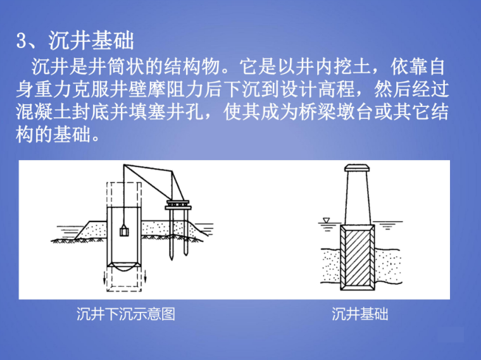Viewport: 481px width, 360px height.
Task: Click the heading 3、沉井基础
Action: tap(75, 40)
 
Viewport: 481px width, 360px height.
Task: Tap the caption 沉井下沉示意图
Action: tap(126, 314)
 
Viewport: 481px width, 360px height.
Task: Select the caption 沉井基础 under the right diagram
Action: tap(360, 314)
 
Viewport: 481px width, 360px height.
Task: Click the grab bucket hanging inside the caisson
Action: tap(124, 230)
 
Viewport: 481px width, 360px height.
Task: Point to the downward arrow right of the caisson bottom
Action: tap(145, 276)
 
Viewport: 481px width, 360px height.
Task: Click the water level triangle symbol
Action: tap(326, 220)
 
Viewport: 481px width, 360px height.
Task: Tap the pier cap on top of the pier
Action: tap(357, 168)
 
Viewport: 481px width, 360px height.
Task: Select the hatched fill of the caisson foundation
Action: tap(358, 258)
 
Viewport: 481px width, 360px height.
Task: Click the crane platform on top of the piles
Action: tap(178, 205)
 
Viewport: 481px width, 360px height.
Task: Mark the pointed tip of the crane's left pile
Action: tap(172, 260)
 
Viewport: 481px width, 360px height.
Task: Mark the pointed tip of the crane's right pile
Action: tap(186, 255)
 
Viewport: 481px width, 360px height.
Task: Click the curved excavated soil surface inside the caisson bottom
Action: tap(124, 268)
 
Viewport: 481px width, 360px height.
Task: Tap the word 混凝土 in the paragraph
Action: tap(44, 112)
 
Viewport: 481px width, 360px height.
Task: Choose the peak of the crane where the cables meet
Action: tap(124, 165)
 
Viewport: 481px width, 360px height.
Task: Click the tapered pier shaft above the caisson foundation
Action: tap(358, 198)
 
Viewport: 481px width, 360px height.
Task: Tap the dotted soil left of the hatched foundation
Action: tap(330, 264)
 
